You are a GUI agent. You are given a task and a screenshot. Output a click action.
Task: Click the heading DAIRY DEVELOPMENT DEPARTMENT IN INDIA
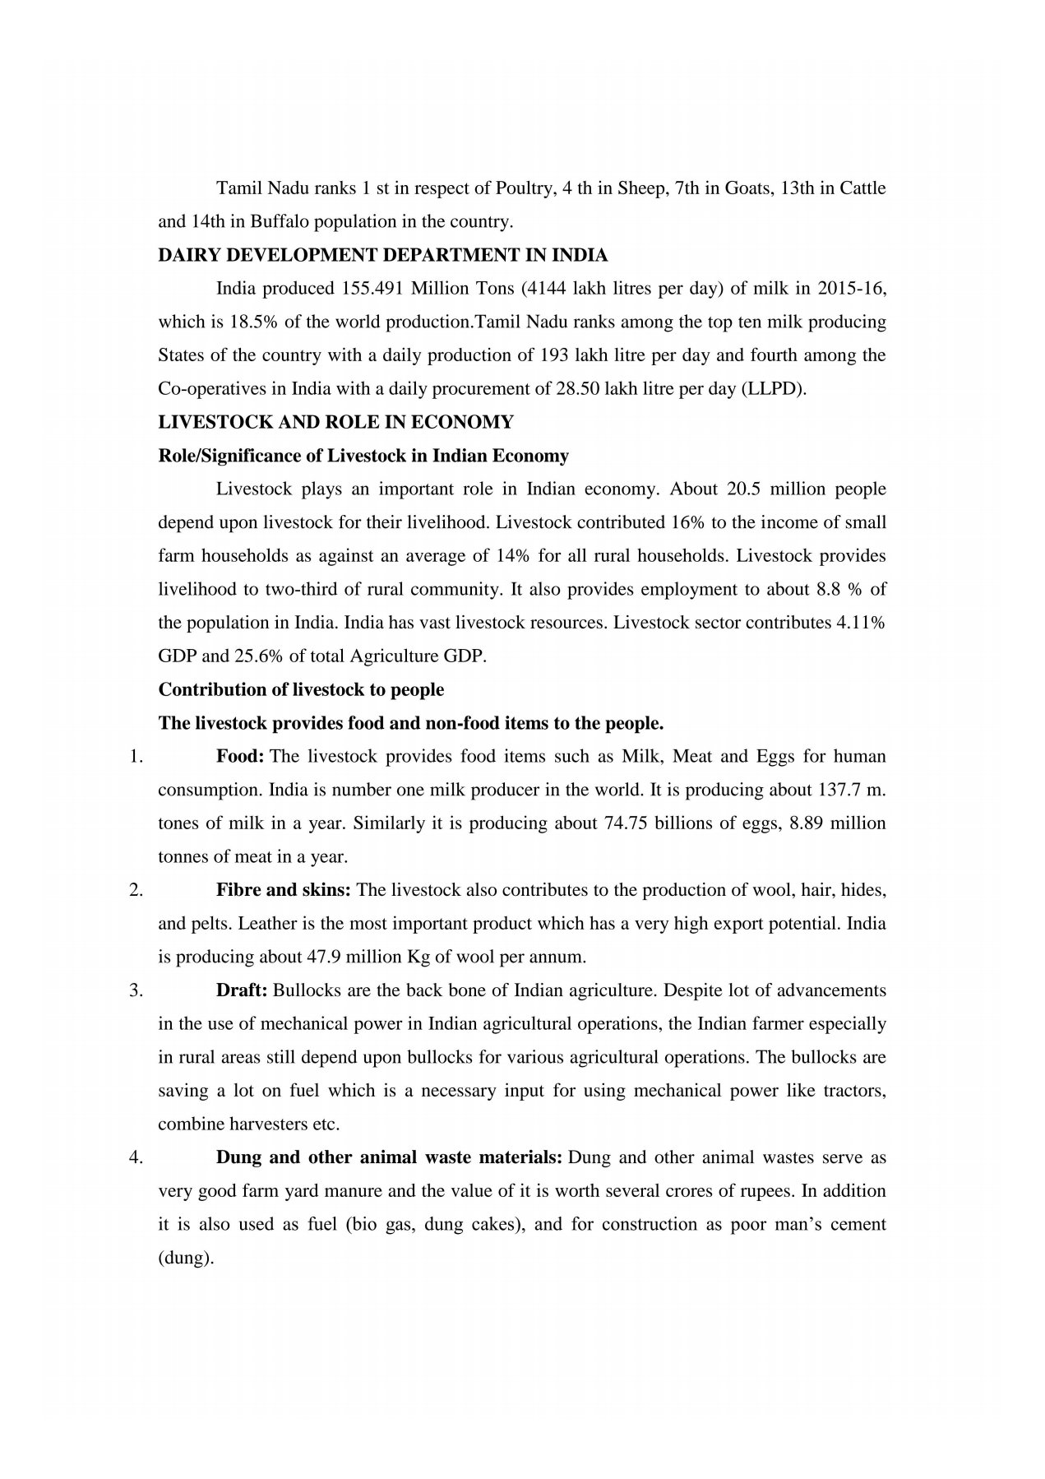click(382, 255)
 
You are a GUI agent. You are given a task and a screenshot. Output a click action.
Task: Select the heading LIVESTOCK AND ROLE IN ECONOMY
click(335, 422)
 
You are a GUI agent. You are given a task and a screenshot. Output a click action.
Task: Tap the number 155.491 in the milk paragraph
click(368, 289)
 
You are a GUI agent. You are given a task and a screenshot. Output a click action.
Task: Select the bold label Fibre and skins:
click(284, 890)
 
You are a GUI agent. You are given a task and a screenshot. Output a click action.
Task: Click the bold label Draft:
click(241, 990)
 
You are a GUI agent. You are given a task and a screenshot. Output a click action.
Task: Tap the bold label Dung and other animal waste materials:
click(389, 1157)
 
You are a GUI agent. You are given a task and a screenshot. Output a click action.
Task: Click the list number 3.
click(136, 990)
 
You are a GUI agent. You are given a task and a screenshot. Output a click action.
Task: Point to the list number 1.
click(136, 756)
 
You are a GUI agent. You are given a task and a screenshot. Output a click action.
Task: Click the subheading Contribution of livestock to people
click(301, 689)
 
